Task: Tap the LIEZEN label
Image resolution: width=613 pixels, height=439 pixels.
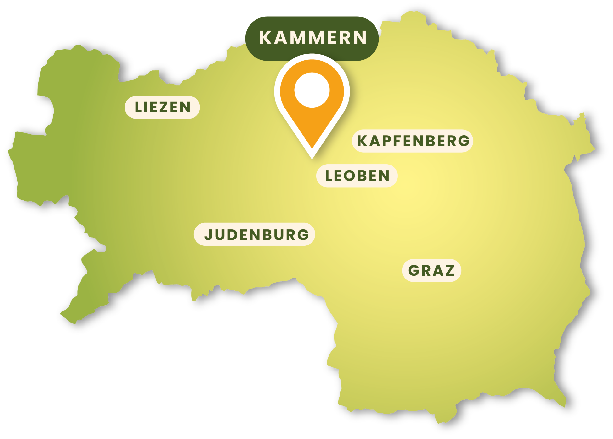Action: pyautogui.click(x=162, y=107)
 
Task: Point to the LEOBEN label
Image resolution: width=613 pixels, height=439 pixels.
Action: pyautogui.click(x=357, y=176)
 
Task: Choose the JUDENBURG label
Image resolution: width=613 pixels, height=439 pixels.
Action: pyautogui.click(x=254, y=234)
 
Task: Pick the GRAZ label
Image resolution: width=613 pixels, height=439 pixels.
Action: pyautogui.click(x=431, y=270)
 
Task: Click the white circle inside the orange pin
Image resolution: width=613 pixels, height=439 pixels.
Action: pyautogui.click(x=312, y=90)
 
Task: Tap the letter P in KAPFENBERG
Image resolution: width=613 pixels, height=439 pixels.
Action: pyautogui.click(x=390, y=141)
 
